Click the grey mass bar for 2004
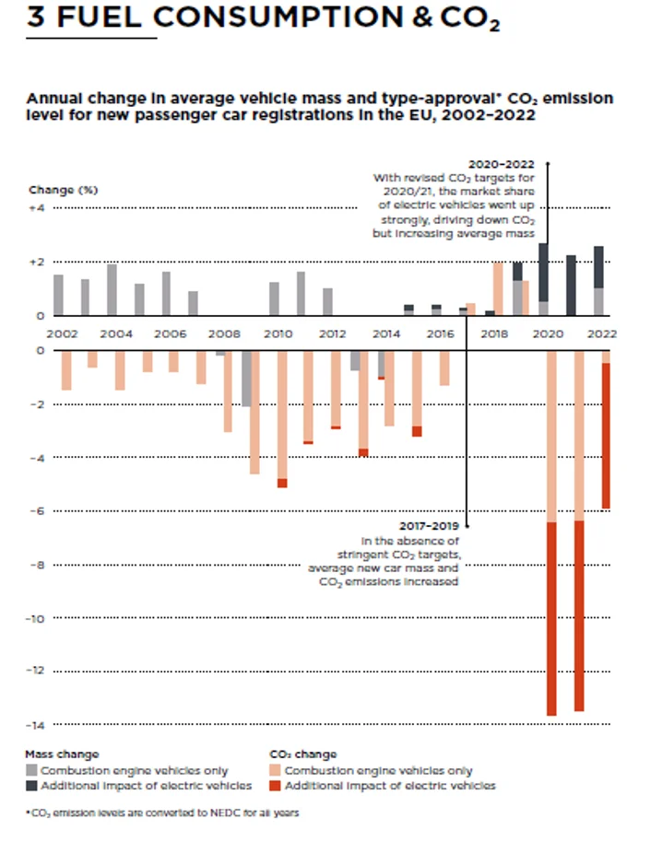(112, 290)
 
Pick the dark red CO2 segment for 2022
(606, 435)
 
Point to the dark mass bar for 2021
(572, 286)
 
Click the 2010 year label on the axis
(278, 333)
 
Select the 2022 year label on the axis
(601, 333)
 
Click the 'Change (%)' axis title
(63, 190)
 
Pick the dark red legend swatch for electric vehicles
(275, 786)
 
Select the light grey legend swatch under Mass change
(31, 770)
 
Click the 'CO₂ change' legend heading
(303, 754)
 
